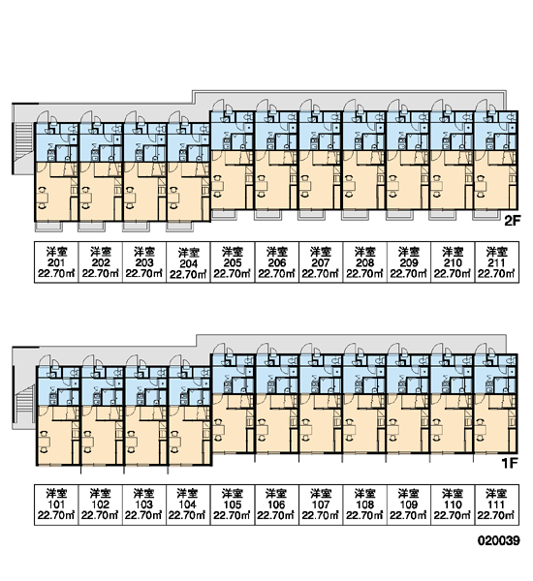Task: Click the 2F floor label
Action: (x=513, y=221)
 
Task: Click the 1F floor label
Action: (x=510, y=463)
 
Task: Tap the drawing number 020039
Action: (x=498, y=540)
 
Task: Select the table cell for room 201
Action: (x=56, y=262)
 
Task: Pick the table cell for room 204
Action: (x=188, y=262)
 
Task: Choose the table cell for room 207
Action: (x=321, y=262)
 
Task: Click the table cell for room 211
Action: (x=497, y=262)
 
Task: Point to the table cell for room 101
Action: (x=56, y=505)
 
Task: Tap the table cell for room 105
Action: (x=233, y=505)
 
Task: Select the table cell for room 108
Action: (x=365, y=505)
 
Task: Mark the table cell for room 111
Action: (x=497, y=505)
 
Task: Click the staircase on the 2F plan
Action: (x=23, y=138)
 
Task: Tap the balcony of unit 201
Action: (x=49, y=227)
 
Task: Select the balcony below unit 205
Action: (x=224, y=215)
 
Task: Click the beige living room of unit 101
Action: (x=55, y=439)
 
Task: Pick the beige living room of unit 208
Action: (x=360, y=182)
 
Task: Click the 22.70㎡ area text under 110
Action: (x=453, y=515)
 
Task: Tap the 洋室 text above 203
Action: (x=144, y=252)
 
